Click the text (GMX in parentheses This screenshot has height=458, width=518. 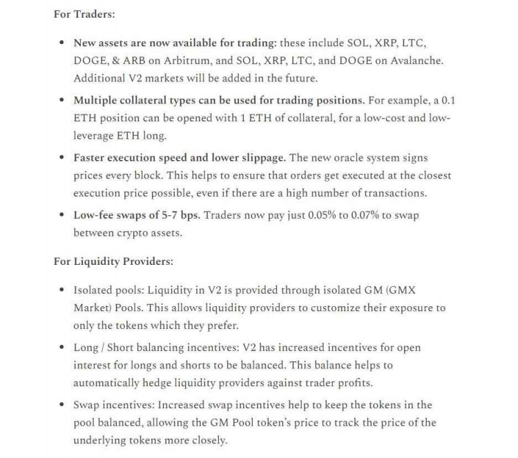coord(429,289)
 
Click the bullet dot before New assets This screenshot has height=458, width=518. coord(63,43)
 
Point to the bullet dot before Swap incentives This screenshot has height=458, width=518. coord(63,405)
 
